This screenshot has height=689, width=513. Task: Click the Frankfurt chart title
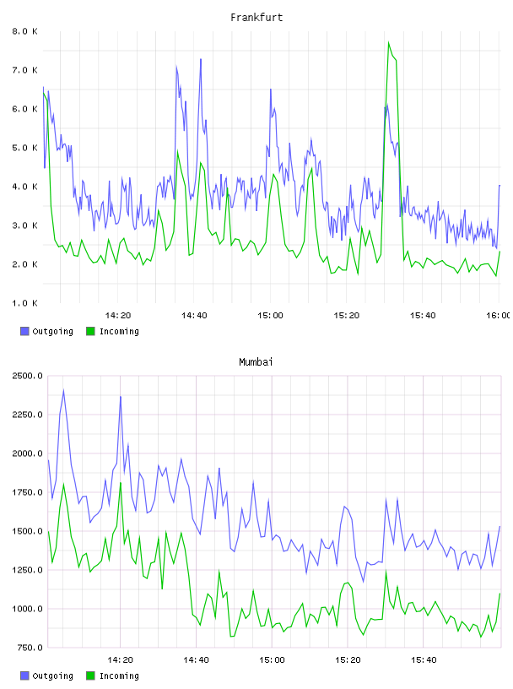(256, 18)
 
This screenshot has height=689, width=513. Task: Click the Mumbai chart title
(256, 362)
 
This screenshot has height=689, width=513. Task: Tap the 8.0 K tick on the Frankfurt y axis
(24, 31)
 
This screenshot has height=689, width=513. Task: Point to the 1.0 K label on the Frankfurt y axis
(24, 303)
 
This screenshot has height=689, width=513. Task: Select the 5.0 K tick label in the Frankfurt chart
(24, 148)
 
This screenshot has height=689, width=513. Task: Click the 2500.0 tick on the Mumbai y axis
(27, 376)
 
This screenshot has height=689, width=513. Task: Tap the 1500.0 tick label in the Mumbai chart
(27, 531)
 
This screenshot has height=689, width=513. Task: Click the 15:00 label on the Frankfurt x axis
(270, 316)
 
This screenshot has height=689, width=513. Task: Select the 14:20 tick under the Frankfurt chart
(118, 316)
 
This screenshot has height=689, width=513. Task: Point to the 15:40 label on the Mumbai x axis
(424, 660)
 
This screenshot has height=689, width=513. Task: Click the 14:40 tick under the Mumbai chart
(196, 660)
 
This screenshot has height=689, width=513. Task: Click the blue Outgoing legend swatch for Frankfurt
(24, 331)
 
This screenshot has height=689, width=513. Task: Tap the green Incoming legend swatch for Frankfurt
(90, 331)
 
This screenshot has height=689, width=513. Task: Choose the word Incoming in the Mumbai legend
(119, 675)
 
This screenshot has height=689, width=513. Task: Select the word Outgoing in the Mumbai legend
(52, 675)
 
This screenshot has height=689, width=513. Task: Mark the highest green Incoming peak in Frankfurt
(389, 42)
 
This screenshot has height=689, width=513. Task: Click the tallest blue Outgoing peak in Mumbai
(63, 390)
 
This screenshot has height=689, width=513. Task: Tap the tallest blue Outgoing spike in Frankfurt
(201, 59)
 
